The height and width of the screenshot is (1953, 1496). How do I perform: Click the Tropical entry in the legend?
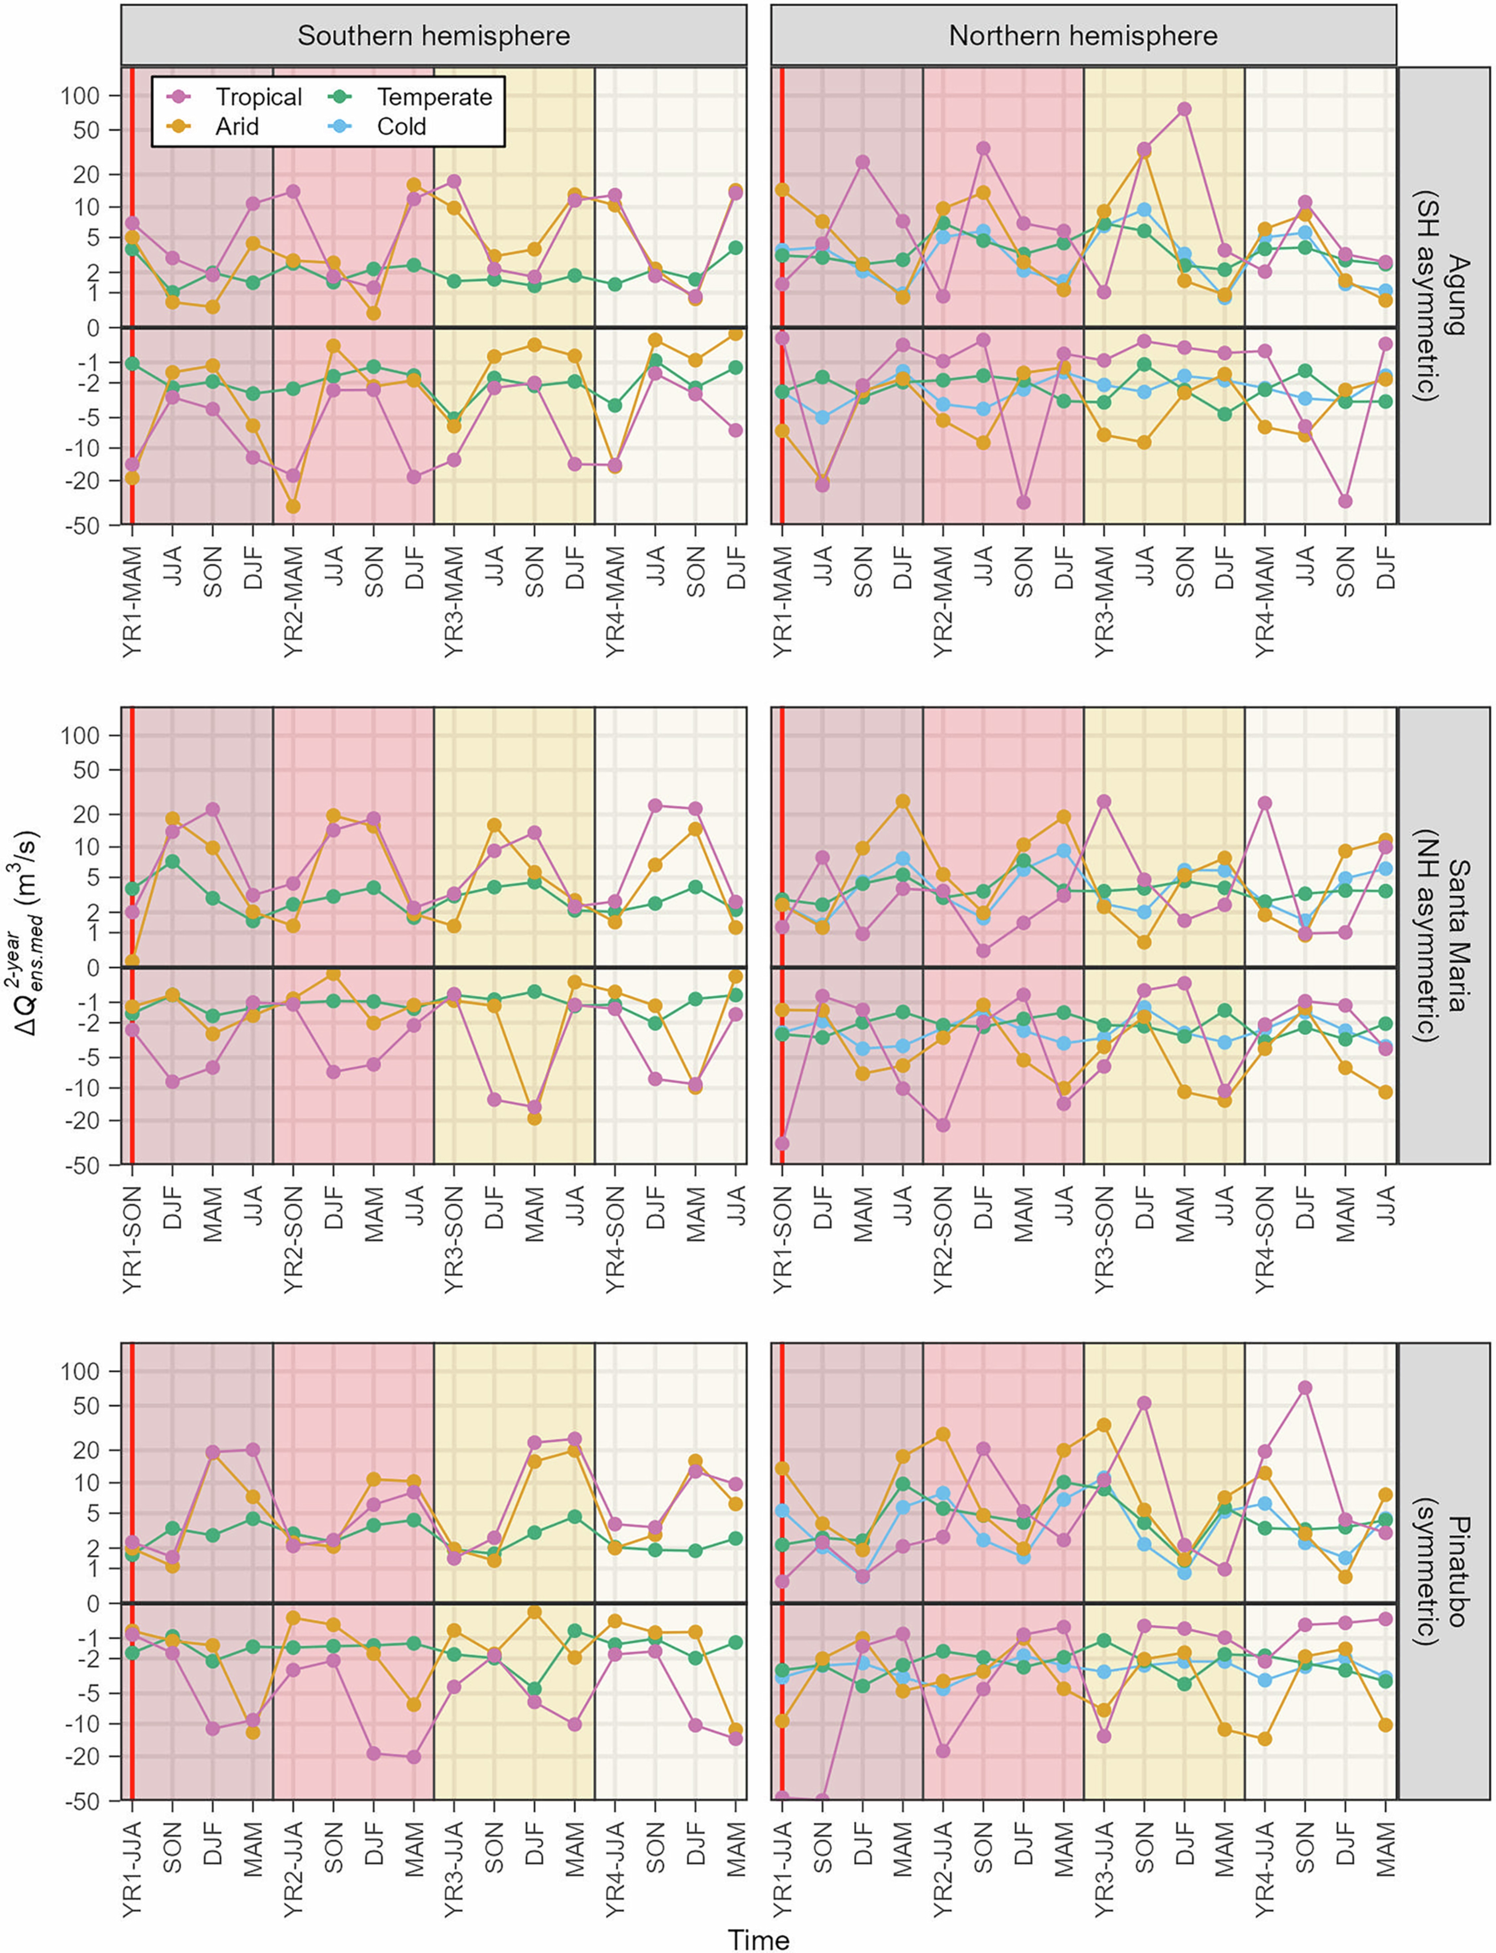pos(258,97)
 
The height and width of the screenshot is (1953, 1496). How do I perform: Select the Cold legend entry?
pos(401,126)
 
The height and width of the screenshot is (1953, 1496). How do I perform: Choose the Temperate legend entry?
pos(434,97)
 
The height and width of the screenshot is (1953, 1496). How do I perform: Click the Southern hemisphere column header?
pos(434,36)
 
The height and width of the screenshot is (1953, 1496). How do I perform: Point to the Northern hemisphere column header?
pos(1083,36)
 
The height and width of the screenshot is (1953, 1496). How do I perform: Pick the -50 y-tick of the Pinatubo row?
pos(82,1801)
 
